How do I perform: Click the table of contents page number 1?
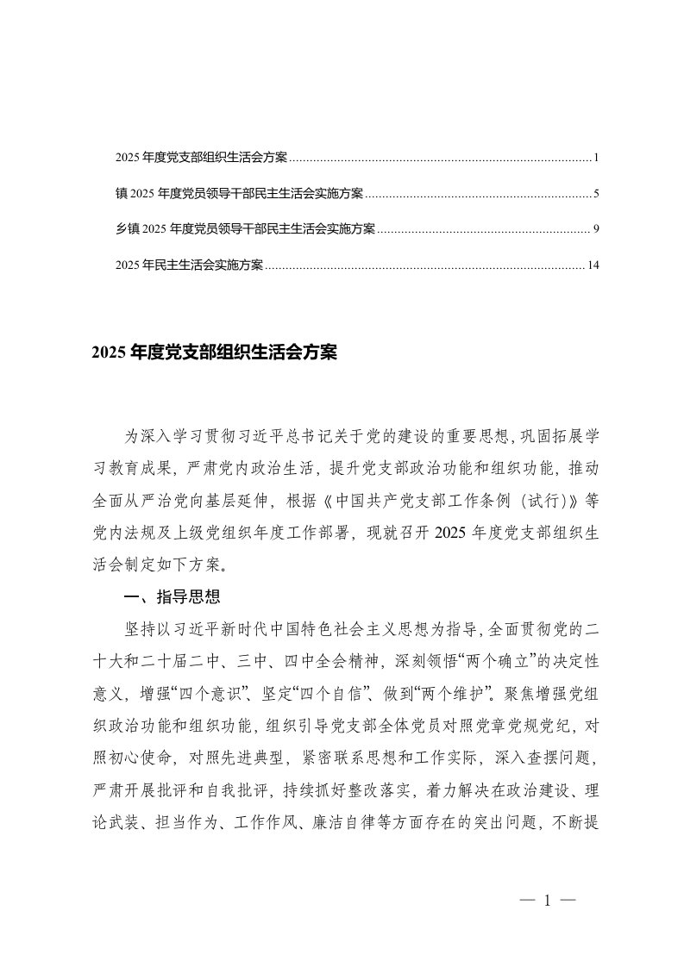pos(596,159)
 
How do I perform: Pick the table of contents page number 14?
pos(593,265)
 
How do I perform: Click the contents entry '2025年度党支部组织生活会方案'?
pos(202,159)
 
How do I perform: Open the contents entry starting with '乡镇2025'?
pos(245,228)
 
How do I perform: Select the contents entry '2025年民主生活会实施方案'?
pos(189,265)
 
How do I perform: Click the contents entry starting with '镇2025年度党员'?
pos(239,193)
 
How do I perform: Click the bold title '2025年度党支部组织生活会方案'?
pos(212,353)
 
